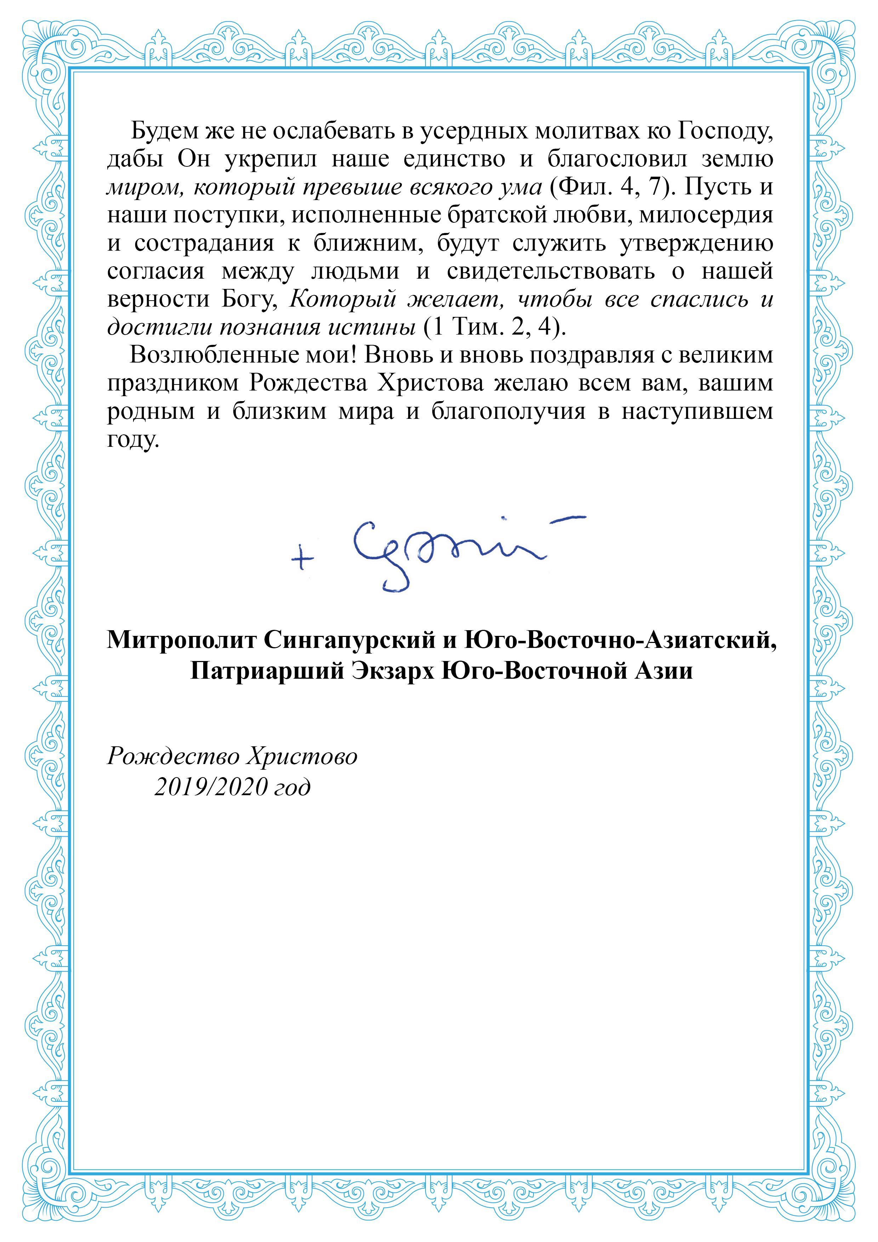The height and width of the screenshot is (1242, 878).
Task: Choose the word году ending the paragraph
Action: click(133, 439)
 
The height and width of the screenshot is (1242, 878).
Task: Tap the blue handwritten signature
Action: click(444, 552)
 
